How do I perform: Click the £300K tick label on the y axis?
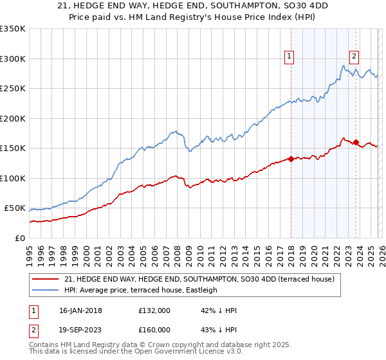click(x=13, y=59)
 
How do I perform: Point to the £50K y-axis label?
click(x=15, y=208)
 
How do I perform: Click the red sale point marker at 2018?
click(x=291, y=159)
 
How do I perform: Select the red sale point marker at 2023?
click(x=356, y=142)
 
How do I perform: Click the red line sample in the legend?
click(x=45, y=280)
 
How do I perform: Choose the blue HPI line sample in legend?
click(x=45, y=290)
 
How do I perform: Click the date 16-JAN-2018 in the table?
click(x=93, y=310)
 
